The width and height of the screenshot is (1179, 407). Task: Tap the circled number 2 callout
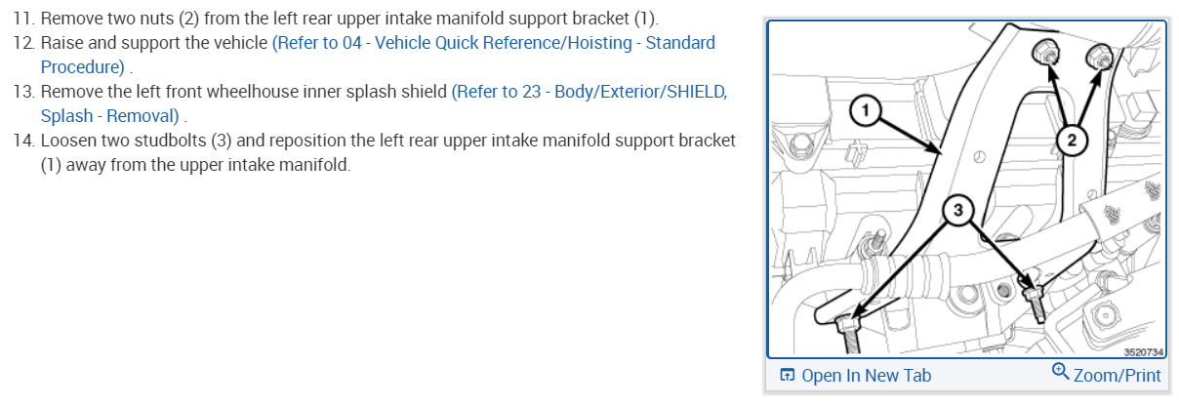coord(1071,141)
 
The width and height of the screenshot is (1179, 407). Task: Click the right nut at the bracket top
coord(1100,57)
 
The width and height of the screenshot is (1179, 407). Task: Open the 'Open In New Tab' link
coord(866,376)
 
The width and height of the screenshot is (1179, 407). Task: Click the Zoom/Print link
coord(1117,376)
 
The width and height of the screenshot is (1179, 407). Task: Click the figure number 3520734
coord(1141,350)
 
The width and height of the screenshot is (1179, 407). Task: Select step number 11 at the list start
coord(22,20)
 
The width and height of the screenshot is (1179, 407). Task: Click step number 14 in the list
coord(22,141)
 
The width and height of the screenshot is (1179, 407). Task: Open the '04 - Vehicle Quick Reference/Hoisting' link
coord(493,43)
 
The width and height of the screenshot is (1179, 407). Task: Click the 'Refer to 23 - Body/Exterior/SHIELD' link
coord(589,92)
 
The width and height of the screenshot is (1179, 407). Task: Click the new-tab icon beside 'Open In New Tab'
coord(787,376)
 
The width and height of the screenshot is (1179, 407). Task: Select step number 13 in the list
coord(22,92)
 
